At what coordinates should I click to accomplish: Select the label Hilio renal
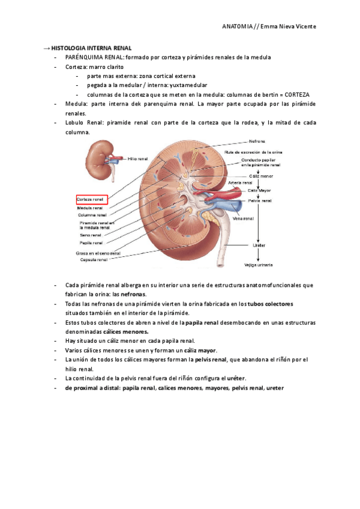pyautogui.click(x=138, y=159)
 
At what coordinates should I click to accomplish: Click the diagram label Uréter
pyautogui.click(x=259, y=245)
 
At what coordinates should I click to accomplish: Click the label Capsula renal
pyautogui.click(x=92, y=260)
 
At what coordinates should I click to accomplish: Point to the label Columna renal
pyautogui.click(x=92, y=215)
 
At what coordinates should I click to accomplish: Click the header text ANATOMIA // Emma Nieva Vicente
pyautogui.click(x=269, y=26)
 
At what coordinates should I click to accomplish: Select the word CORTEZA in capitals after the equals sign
pyautogui.click(x=297, y=95)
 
